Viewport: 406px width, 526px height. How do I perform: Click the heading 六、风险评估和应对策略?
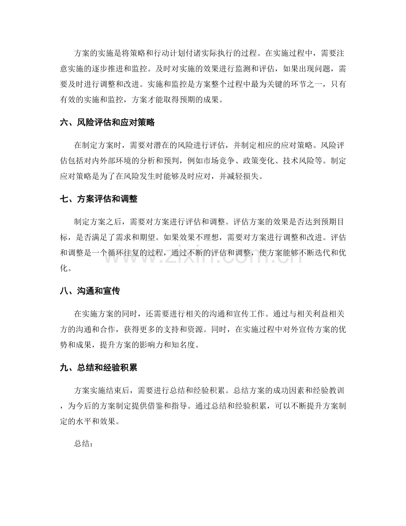pos(107,123)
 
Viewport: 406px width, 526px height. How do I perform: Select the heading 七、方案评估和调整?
pos(99,199)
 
